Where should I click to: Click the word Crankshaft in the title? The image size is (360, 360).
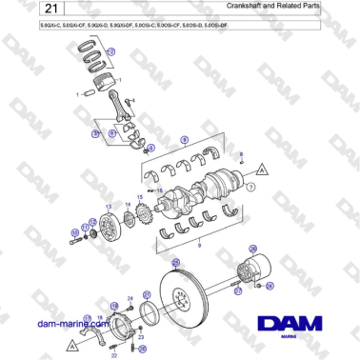(x=249, y=8)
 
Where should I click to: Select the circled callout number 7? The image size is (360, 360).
(x=250, y=189)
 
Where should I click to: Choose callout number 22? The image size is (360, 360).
(x=114, y=353)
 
